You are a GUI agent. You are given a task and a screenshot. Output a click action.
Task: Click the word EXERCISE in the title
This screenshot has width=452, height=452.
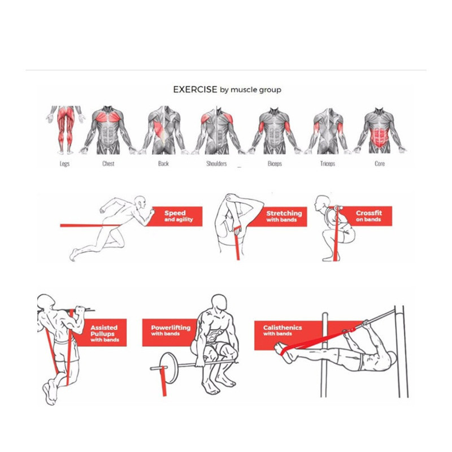click(195, 89)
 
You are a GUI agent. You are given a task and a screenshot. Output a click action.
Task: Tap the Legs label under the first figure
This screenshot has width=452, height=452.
click(64, 164)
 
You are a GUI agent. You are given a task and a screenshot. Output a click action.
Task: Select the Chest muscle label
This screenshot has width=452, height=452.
click(108, 163)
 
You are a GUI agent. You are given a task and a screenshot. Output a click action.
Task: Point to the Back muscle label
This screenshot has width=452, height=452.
click(163, 163)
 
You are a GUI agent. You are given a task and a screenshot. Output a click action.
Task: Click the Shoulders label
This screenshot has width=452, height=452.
click(216, 163)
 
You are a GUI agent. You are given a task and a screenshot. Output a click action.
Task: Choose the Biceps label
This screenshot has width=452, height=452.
click(275, 163)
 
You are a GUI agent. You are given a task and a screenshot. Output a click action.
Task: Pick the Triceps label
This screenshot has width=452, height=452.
click(328, 163)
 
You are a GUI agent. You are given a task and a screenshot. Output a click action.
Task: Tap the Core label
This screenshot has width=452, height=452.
click(380, 163)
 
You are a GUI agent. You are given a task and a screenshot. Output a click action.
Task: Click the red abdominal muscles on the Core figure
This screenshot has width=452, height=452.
click(379, 138)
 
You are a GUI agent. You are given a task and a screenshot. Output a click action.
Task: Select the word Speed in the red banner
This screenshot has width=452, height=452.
click(175, 213)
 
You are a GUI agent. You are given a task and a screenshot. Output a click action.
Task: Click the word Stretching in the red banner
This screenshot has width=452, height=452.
click(284, 214)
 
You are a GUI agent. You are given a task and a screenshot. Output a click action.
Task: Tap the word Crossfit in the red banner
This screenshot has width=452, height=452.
click(369, 213)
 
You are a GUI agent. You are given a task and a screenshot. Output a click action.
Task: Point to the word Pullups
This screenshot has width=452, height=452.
click(103, 334)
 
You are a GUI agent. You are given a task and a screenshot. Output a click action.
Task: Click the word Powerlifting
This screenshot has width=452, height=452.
click(171, 328)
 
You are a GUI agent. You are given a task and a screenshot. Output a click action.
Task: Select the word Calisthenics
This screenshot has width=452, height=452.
click(282, 328)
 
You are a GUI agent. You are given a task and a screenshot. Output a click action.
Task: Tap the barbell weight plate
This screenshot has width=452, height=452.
click(168, 368)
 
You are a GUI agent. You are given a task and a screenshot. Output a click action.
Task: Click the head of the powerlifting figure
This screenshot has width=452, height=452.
click(219, 303)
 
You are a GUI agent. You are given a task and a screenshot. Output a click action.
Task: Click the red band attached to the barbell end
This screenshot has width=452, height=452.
click(163, 381)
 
